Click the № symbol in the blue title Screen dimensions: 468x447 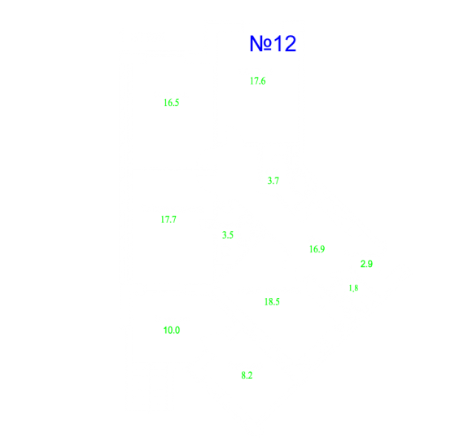click(x=260, y=44)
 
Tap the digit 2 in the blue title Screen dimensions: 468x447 click(x=289, y=44)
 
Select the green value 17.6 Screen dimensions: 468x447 click(x=258, y=81)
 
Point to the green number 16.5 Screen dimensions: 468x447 click(x=172, y=103)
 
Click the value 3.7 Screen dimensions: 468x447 click(x=273, y=181)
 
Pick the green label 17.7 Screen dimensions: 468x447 click(x=168, y=220)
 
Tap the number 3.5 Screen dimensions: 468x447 click(x=228, y=235)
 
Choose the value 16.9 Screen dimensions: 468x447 click(x=317, y=249)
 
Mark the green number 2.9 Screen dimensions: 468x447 click(x=366, y=264)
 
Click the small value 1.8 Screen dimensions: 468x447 click(x=354, y=288)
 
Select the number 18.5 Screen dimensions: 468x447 click(x=272, y=302)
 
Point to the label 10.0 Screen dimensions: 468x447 click(x=172, y=331)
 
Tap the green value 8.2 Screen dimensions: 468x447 click(x=247, y=375)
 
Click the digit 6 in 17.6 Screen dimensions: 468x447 click(x=263, y=81)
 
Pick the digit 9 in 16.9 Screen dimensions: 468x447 click(x=322, y=249)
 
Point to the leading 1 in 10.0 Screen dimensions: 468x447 click(x=165, y=331)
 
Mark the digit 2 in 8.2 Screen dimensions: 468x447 click(x=250, y=375)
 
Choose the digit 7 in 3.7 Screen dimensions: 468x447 click(x=277, y=181)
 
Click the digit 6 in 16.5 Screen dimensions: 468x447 click(x=170, y=103)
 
